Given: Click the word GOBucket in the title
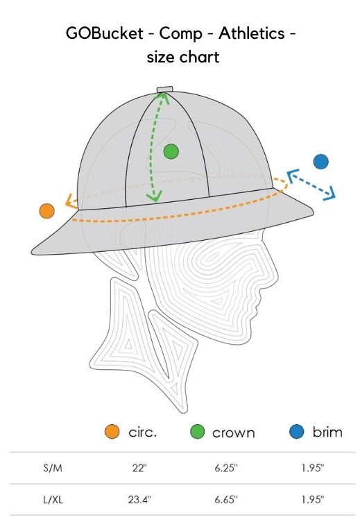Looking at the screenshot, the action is pos(105,33).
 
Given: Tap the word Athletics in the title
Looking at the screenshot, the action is pos(252,33).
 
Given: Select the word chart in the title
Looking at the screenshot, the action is pos(201,57).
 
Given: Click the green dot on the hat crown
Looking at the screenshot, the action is pos(171,152).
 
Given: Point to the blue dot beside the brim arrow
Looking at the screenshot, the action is pos(320,162).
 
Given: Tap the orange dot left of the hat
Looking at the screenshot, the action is pos(47,211).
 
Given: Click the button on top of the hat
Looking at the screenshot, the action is pos(165,90).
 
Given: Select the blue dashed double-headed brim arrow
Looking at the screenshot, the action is pos(311,185).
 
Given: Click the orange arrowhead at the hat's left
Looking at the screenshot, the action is pos(70,201).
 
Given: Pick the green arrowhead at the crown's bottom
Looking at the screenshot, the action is pos(154,196).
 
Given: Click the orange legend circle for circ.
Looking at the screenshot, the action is pos(112,432).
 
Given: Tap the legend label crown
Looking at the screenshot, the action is pos(234,433).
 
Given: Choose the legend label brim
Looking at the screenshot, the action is pos(327,432).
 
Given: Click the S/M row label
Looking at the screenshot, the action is pos(53,468).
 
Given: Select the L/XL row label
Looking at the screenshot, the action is pos(53,500).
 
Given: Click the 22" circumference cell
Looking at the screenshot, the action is pos(139,468).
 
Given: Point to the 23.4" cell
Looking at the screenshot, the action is pos(139,500).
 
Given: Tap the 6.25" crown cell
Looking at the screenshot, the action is pos(226,468).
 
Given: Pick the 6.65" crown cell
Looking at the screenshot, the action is pos(226,500).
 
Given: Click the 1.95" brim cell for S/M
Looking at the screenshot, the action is pos(312,468).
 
